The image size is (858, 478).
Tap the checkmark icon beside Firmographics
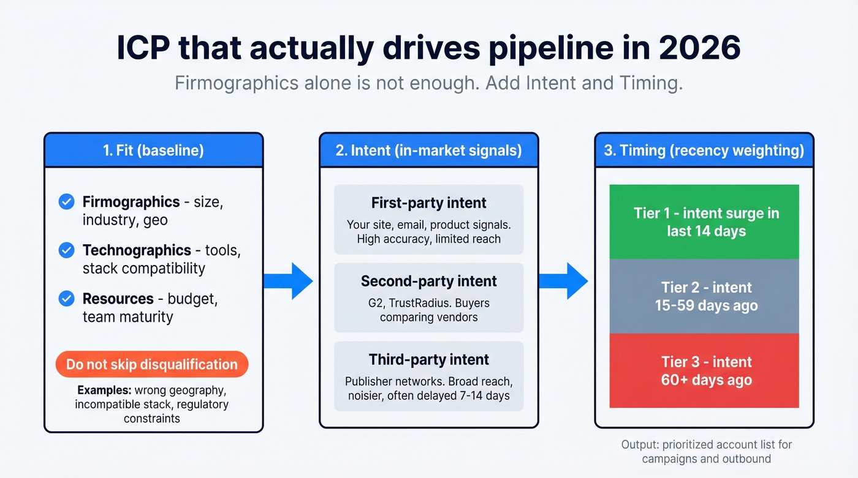(x=66, y=201)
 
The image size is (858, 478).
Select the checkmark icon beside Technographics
(x=66, y=250)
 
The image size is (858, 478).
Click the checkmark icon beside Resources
(x=66, y=299)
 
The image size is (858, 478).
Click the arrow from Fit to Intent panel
(x=290, y=281)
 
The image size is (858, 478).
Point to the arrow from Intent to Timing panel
(x=565, y=281)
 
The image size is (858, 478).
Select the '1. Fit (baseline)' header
(x=153, y=151)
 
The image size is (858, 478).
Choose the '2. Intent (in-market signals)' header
(x=428, y=151)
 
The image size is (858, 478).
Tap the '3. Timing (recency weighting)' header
(x=704, y=151)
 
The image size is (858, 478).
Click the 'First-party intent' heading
(x=428, y=203)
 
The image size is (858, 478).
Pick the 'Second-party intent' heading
(x=428, y=281)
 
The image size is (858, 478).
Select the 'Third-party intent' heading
(x=428, y=359)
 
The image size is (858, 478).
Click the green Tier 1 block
(x=704, y=222)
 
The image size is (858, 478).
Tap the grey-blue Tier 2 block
(x=704, y=296)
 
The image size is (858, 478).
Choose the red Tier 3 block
(x=704, y=370)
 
